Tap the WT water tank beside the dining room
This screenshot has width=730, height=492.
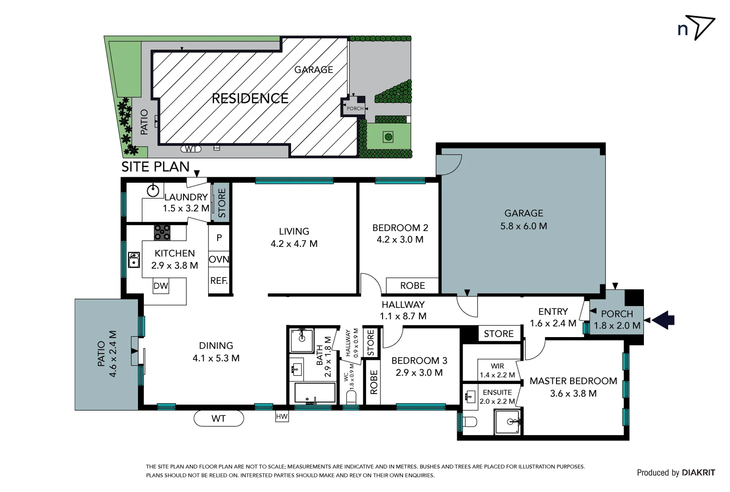point(219,418)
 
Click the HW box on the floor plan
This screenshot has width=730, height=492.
point(282,416)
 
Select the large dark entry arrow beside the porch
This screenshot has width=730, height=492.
point(664,320)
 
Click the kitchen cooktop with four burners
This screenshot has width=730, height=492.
point(162,232)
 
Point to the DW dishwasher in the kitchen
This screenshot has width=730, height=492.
point(161,286)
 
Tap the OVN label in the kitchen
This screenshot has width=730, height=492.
point(219,259)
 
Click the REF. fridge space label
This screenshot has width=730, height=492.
point(219,281)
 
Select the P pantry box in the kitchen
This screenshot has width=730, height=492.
point(219,238)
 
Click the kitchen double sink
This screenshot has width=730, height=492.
point(134,260)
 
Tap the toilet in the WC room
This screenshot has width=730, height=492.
point(351,397)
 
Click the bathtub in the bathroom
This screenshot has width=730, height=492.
point(315,393)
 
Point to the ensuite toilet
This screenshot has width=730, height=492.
point(470,421)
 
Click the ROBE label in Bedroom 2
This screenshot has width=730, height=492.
point(413,286)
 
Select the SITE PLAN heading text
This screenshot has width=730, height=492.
point(155,167)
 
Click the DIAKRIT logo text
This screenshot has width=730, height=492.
point(699,472)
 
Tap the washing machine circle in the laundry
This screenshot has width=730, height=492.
point(153,191)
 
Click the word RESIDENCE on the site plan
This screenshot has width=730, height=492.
point(250,98)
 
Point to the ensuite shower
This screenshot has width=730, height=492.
point(507,421)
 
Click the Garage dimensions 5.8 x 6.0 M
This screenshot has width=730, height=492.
point(524,226)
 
